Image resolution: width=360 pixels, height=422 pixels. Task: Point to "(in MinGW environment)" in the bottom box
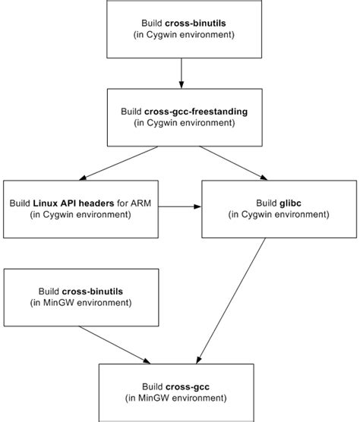(x=176, y=398)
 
